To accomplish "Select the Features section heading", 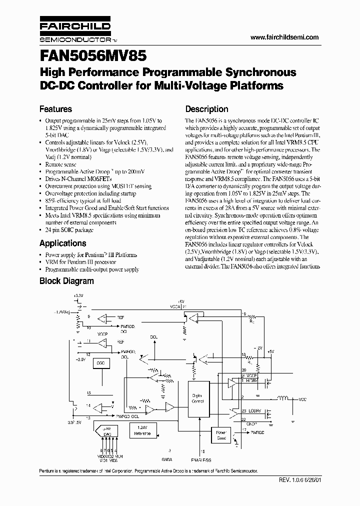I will tap(55, 109).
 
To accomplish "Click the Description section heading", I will tap(206, 109).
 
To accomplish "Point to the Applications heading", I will tap(62, 243).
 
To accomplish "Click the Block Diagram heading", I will tap(66, 281).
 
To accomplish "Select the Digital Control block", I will tap(197, 398).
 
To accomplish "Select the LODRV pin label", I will tap(249, 411).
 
